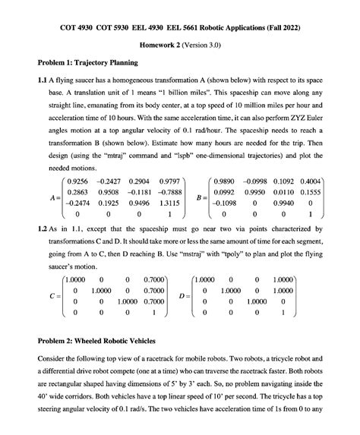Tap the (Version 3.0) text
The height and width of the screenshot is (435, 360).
(x=209, y=45)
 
